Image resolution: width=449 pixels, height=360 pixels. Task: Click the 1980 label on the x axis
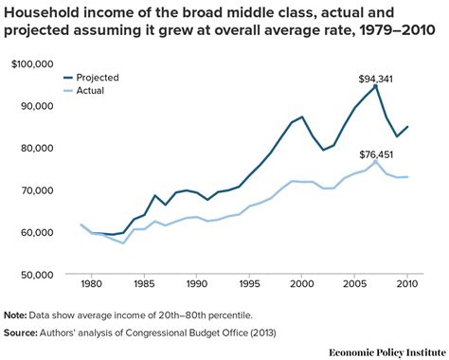tap(92, 283)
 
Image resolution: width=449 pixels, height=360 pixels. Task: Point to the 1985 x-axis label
tap(144, 283)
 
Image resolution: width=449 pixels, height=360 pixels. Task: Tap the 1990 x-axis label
tap(197, 283)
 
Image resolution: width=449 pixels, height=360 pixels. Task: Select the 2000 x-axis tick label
tap(302, 283)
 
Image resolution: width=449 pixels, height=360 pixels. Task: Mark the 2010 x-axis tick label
tap(407, 283)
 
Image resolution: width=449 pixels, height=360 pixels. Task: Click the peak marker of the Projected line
tap(376, 86)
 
